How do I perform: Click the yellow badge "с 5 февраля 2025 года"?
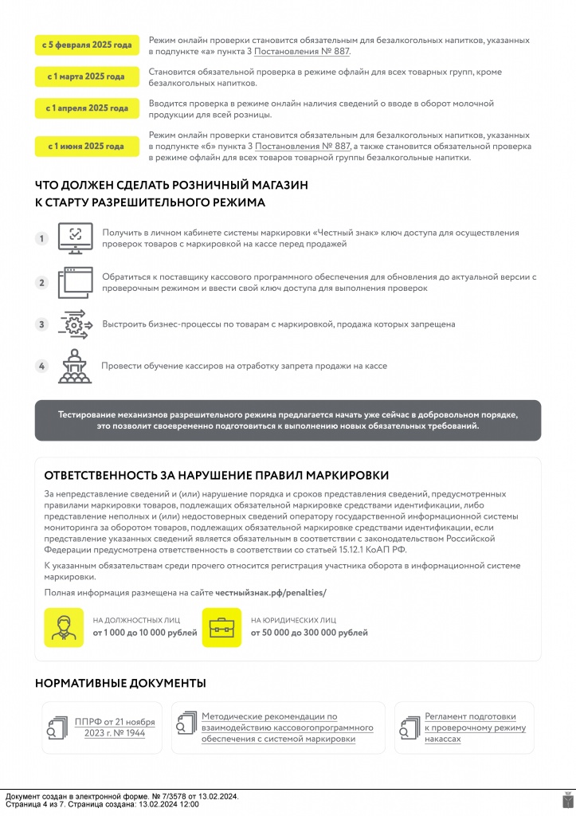click(87, 46)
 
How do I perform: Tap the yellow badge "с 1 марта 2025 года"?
click(87, 76)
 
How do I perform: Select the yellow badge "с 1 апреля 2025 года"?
click(87, 108)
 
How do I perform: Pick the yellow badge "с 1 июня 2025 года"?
click(87, 147)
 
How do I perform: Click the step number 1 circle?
click(42, 238)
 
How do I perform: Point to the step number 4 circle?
click(42, 366)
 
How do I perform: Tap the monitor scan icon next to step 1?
click(76, 237)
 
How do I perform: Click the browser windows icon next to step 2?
click(76, 282)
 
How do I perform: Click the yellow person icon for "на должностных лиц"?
click(64, 628)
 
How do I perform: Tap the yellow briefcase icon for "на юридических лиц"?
click(221, 628)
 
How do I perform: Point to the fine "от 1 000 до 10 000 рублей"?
click(145, 633)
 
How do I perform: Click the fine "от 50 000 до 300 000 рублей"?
click(309, 633)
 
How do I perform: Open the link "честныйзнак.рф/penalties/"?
click(271, 593)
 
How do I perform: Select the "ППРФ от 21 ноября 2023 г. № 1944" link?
click(115, 728)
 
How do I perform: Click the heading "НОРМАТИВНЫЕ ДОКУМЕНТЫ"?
click(120, 683)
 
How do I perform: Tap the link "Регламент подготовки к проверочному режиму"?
click(475, 728)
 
